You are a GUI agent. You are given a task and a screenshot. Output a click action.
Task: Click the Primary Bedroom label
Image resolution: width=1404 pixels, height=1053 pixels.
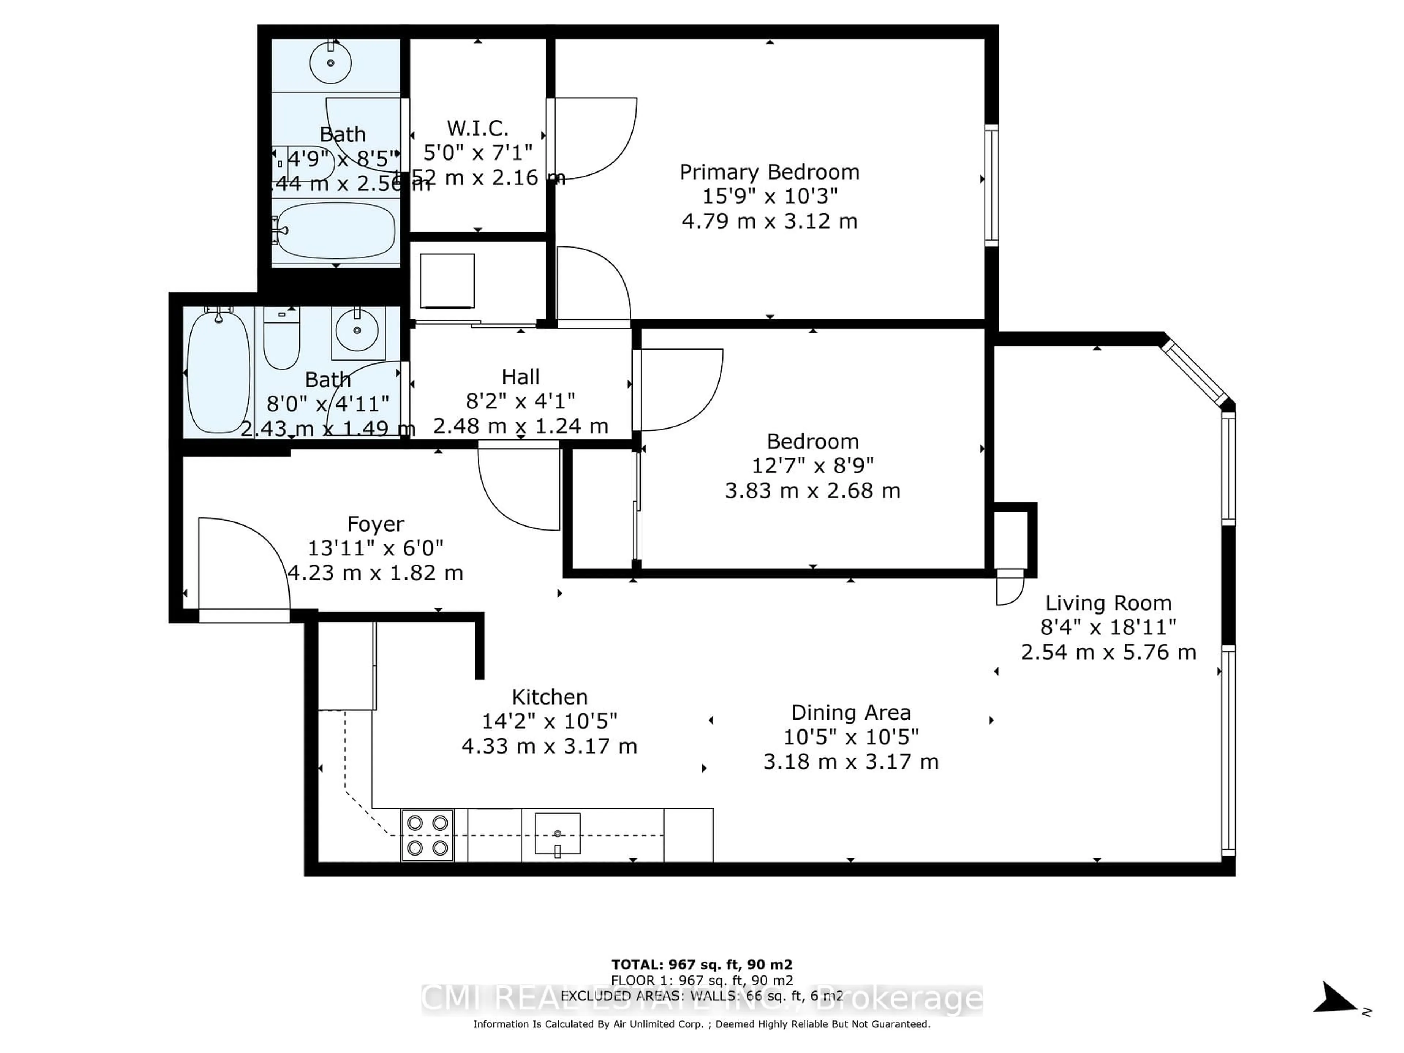pos(769,172)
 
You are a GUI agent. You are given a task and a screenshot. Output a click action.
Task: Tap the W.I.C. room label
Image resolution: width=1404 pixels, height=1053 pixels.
pos(477,128)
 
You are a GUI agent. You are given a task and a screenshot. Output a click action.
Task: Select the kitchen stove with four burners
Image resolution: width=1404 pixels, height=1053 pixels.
pos(427,835)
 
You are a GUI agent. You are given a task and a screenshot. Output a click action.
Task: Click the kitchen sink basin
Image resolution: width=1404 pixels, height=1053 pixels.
pos(557,833)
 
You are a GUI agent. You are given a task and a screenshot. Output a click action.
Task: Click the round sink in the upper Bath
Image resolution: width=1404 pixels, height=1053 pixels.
pos(330,63)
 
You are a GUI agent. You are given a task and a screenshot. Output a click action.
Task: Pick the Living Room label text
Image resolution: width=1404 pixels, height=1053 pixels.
pos(1108,603)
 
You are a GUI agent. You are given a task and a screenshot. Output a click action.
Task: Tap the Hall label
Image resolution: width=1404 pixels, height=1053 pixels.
pos(521,377)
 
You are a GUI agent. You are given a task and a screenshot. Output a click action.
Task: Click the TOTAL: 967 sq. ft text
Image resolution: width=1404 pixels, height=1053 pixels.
pos(701,965)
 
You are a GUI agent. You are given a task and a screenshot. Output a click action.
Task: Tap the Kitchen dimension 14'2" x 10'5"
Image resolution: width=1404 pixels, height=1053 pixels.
pos(549,721)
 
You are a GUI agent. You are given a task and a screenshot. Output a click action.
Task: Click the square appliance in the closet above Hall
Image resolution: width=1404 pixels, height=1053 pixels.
pos(447,280)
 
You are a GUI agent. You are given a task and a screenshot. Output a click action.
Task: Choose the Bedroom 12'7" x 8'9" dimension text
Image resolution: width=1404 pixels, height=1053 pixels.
pos(812,466)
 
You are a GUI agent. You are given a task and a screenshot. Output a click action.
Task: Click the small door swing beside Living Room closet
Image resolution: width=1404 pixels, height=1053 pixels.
pos(1009,587)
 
